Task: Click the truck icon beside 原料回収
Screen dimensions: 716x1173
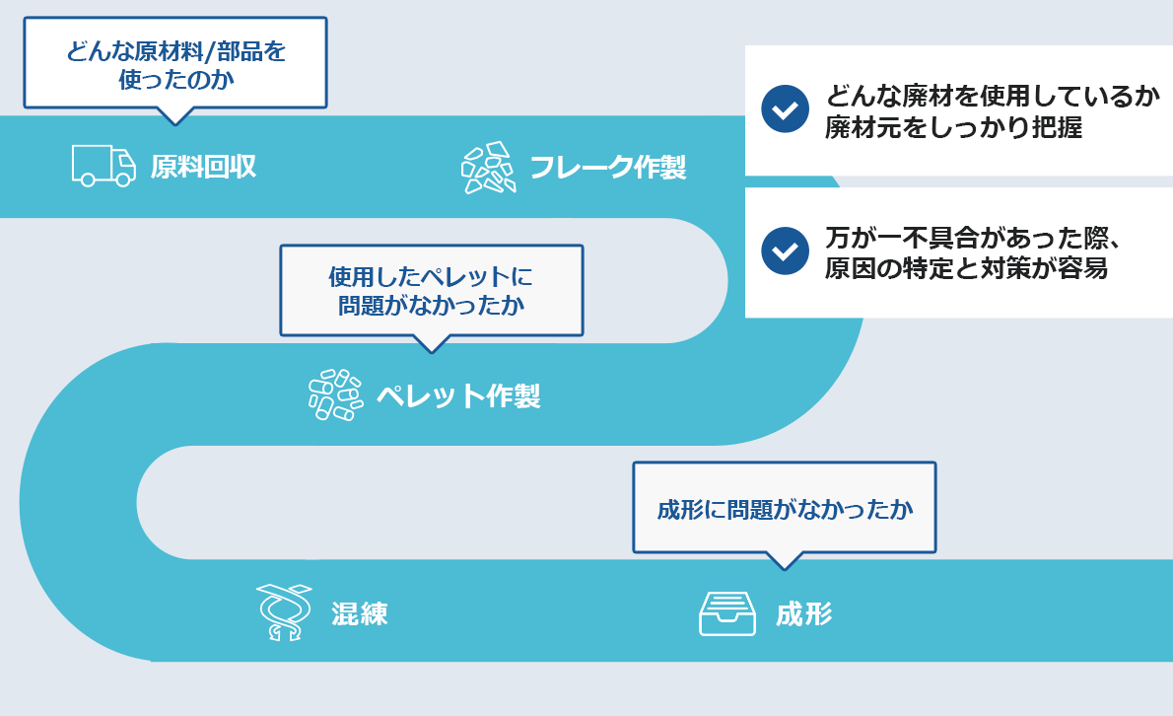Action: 103,166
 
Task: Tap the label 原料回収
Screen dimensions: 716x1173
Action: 203,167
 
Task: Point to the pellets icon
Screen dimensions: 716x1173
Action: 333,395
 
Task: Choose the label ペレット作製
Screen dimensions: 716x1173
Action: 457,396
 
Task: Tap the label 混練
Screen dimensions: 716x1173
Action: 359,614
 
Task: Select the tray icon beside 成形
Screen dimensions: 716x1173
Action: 726,613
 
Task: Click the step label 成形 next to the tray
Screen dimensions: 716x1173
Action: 803,614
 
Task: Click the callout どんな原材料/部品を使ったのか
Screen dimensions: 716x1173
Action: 174,63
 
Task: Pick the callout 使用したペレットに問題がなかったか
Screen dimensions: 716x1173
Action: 431,290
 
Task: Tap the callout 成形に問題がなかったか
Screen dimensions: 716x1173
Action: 784,509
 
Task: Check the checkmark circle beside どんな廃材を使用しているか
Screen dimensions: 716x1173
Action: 785,109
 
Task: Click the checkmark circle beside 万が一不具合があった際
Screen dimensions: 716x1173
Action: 785,251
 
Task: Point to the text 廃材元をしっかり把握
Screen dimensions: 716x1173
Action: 953,128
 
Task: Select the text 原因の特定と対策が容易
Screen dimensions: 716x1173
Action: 966,269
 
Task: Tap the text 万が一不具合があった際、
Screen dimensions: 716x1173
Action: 976,239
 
